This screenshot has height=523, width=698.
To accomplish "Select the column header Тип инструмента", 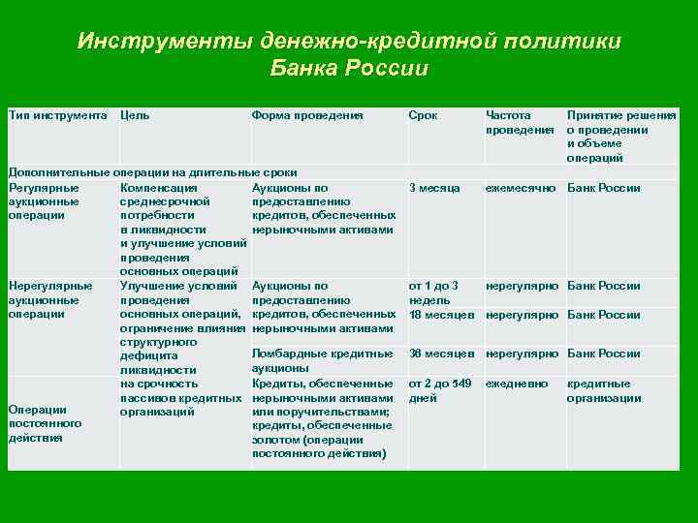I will click(x=57, y=115).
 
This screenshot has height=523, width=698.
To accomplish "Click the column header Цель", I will click(x=135, y=115).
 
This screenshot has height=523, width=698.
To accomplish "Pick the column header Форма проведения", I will click(x=306, y=115).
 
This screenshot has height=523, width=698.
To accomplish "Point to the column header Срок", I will click(x=423, y=115).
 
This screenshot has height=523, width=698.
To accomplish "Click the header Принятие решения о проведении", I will click(x=621, y=122).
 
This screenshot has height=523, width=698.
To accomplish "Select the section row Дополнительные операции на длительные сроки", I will click(x=152, y=171).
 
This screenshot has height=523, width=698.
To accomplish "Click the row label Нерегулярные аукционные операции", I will click(x=49, y=300).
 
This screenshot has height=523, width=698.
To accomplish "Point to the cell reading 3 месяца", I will click(x=434, y=188).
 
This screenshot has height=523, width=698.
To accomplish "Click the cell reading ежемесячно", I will click(x=521, y=188).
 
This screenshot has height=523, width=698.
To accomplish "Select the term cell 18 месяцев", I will click(x=441, y=315).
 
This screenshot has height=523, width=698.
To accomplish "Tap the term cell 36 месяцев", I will click(x=441, y=354).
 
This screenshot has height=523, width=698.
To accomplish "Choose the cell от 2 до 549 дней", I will click(x=440, y=391).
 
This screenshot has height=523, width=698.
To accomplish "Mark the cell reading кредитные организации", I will click(x=603, y=391).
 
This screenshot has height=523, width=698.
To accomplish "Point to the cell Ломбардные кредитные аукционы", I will click(x=321, y=360).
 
